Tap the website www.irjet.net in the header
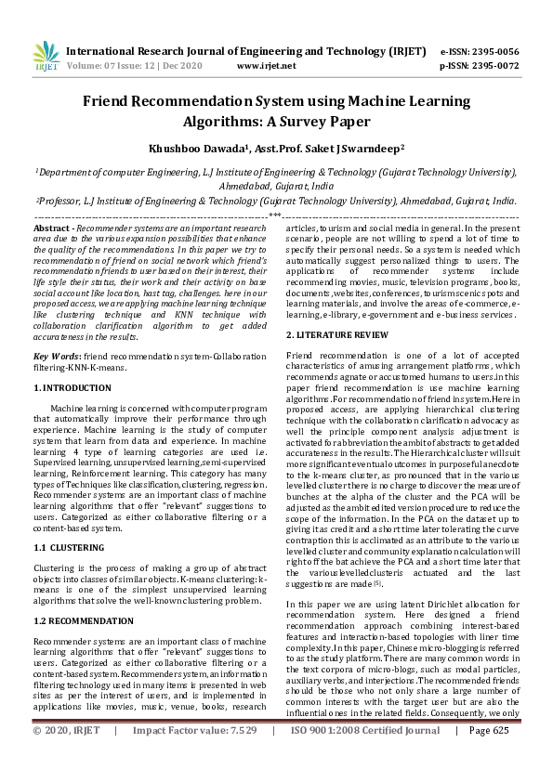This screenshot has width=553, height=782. tap(267, 66)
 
